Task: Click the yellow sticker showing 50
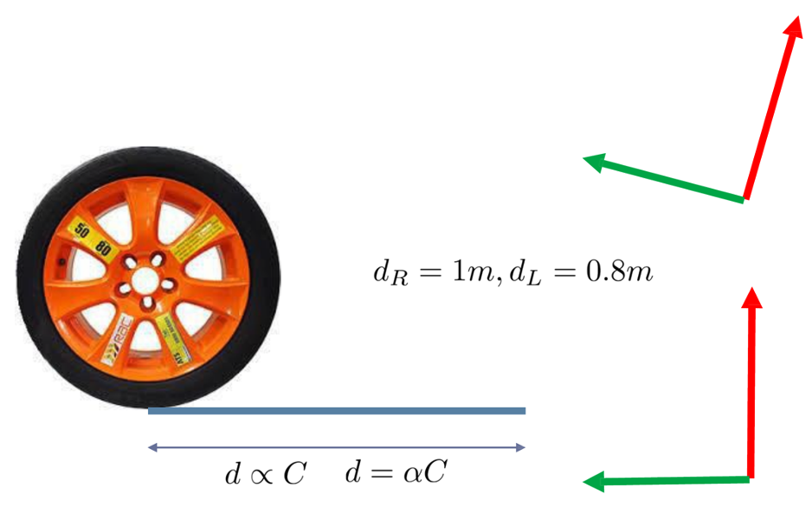click(81, 231)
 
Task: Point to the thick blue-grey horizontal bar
click(337, 410)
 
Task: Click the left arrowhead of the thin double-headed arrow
click(152, 447)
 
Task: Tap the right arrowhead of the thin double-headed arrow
click(521, 447)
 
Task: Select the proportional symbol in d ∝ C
click(265, 475)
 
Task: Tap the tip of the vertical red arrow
click(751, 291)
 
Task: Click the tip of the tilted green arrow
click(586, 158)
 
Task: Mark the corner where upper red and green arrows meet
click(744, 199)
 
